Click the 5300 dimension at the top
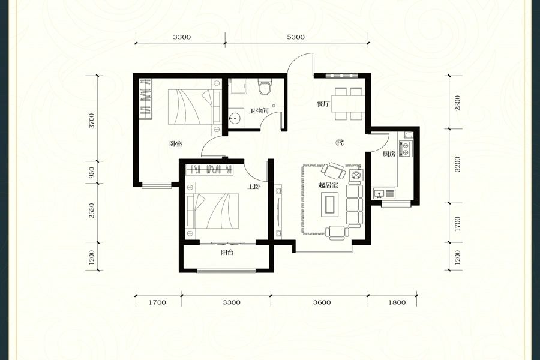(x=296, y=37)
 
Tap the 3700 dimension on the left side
(x=91, y=121)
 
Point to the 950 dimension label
(x=91, y=172)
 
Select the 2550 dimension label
(x=91, y=211)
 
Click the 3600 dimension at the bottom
(x=322, y=302)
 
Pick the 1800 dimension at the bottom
(x=397, y=302)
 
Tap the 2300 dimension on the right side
(x=457, y=103)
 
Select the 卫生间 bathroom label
(x=259, y=111)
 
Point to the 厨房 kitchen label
(x=389, y=154)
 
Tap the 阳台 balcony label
(x=227, y=252)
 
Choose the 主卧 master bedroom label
(x=254, y=187)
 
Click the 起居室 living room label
(x=328, y=185)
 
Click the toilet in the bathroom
(x=265, y=87)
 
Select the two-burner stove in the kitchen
(x=406, y=148)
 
